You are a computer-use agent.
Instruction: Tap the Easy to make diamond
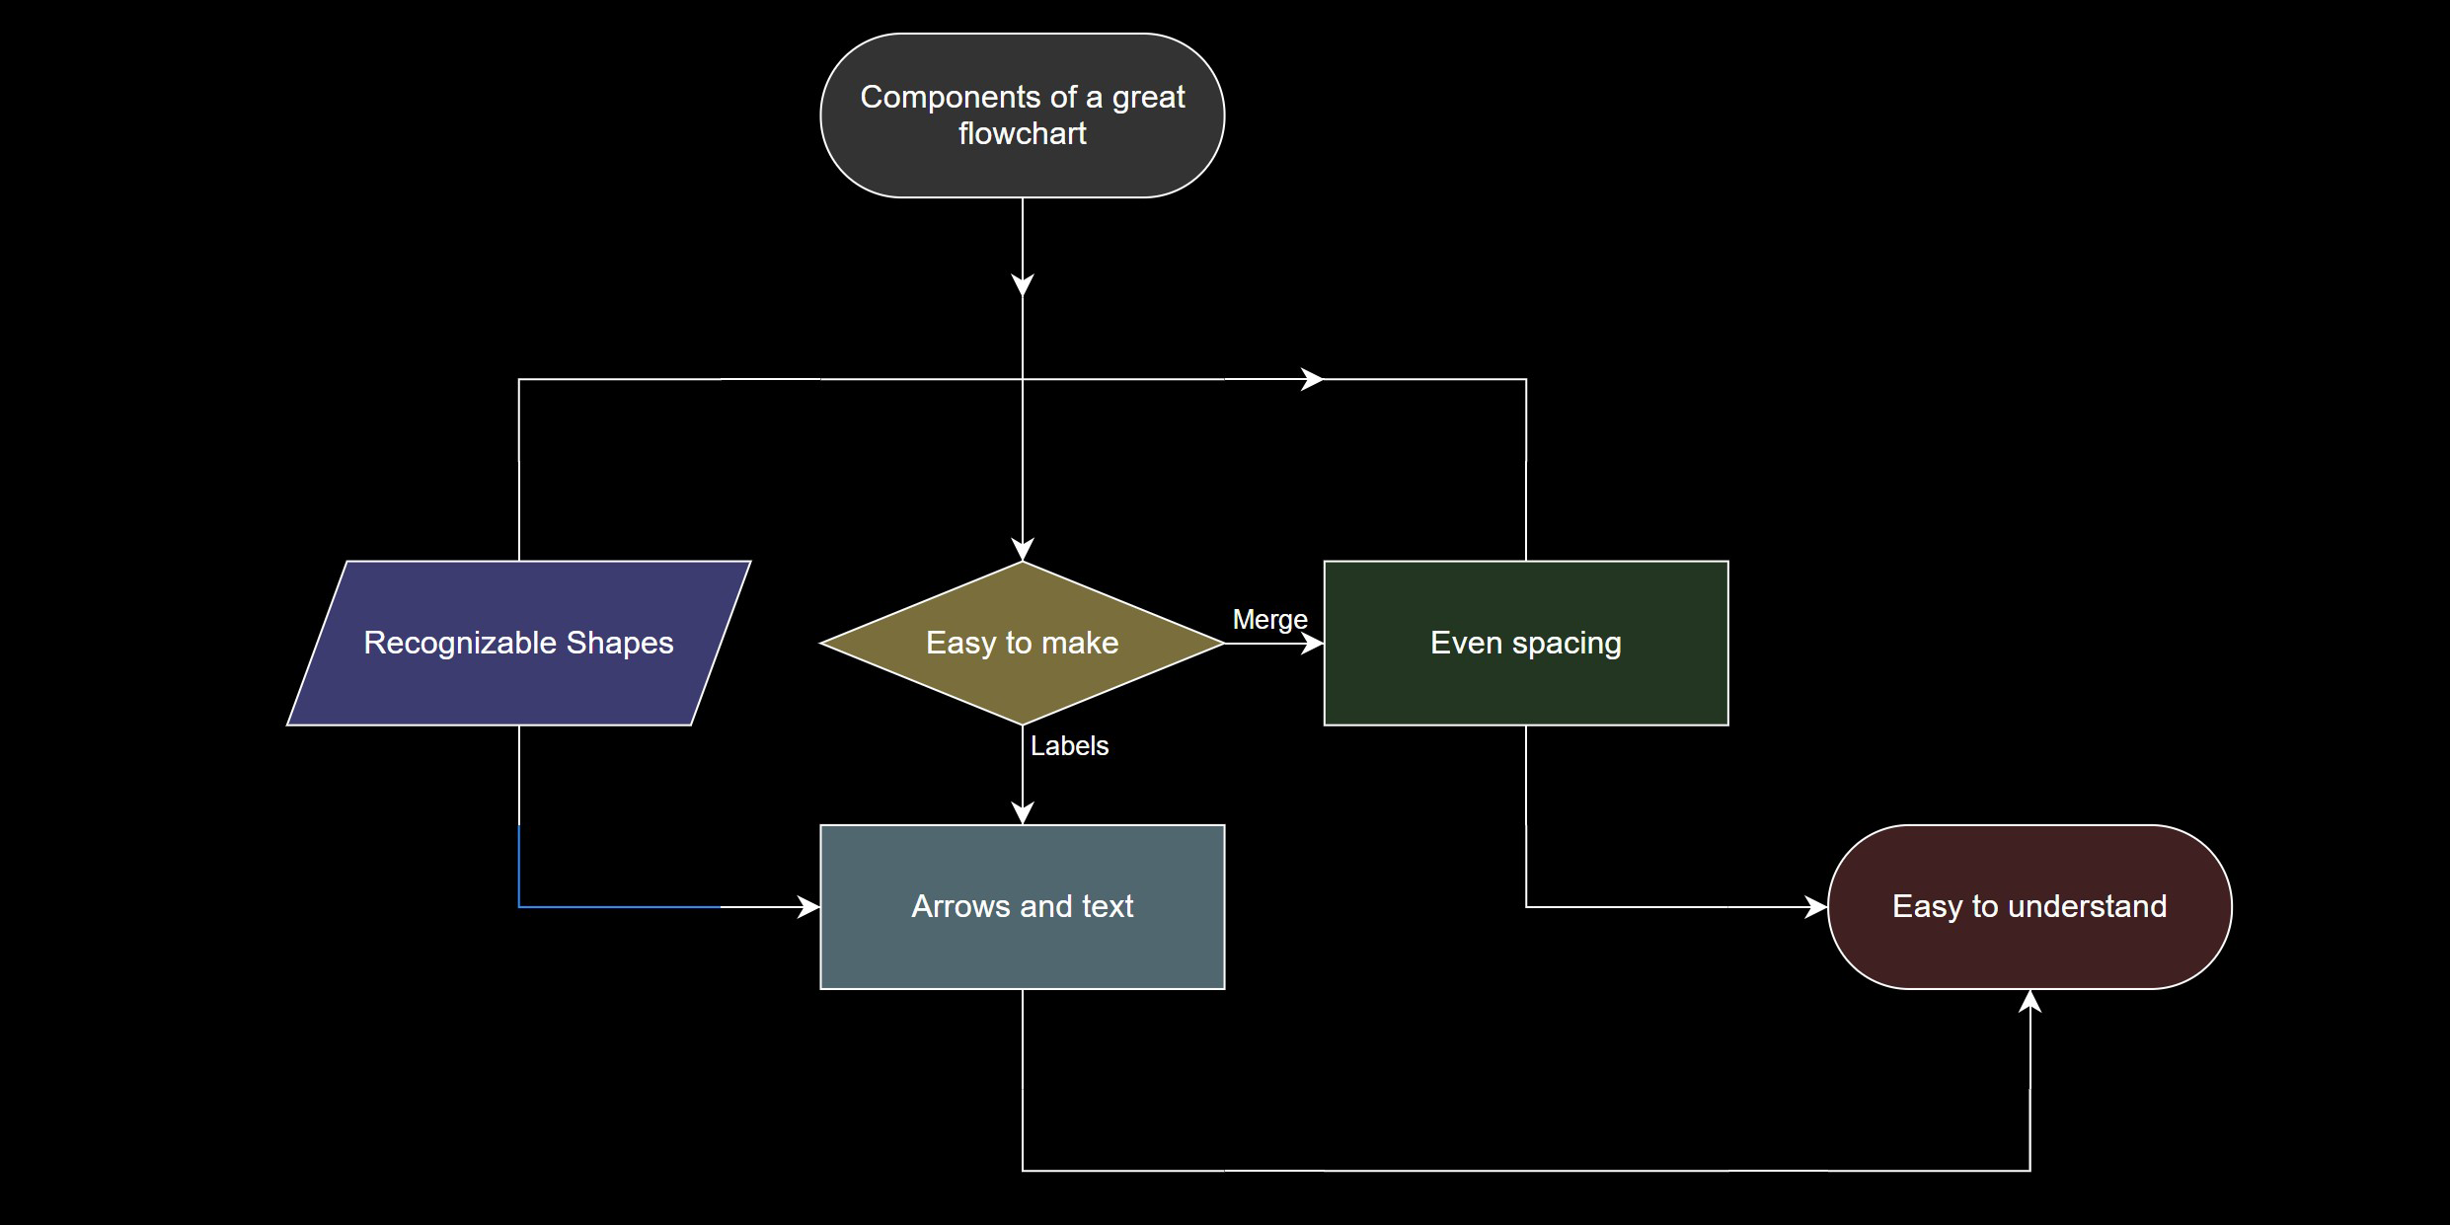1022,681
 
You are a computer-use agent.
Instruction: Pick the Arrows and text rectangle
1022,948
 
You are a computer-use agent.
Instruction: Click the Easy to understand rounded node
2029,948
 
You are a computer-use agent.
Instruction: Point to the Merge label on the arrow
1269,620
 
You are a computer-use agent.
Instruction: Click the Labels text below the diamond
1069,746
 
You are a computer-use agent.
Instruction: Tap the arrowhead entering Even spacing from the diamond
1314,644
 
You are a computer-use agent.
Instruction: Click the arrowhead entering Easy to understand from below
2029,1000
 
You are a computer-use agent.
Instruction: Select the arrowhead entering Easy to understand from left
1816,906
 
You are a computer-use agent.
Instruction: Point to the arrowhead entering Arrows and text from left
809,906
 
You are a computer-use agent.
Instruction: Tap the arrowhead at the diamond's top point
1023,551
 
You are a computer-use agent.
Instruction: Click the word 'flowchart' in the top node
1022,133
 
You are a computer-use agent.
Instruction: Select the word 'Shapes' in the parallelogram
619,643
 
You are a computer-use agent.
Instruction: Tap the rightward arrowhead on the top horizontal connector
1313,379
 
